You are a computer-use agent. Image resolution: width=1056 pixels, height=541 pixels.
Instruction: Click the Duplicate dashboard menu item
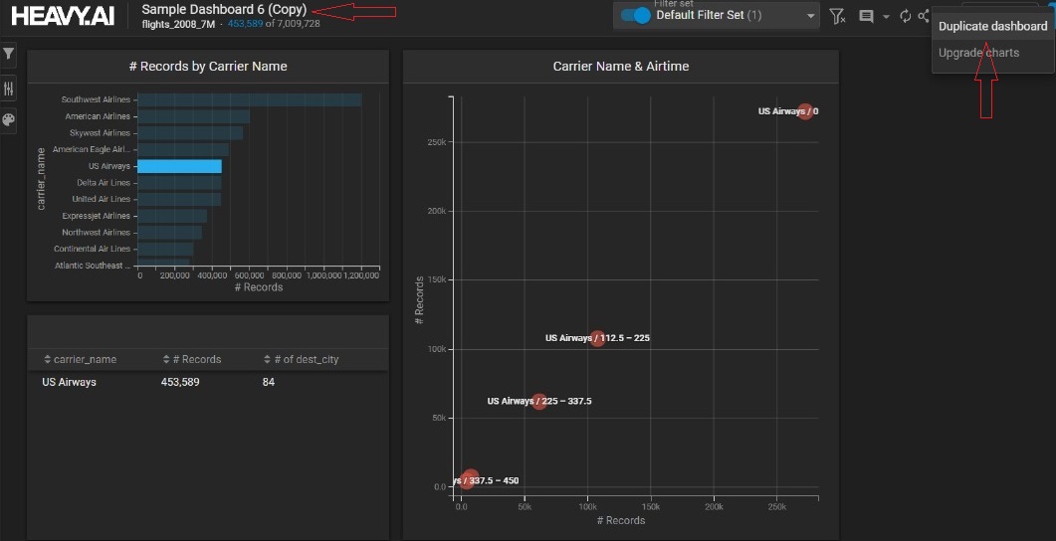point(992,26)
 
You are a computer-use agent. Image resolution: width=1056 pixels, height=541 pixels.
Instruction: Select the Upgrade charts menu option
point(978,53)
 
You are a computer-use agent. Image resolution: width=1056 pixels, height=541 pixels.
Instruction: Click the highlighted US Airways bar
point(179,166)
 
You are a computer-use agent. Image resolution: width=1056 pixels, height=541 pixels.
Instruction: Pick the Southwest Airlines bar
point(249,99)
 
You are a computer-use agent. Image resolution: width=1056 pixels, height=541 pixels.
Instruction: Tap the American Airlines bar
point(193,116)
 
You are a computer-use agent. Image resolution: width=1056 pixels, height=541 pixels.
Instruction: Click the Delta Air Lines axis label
point(104,183)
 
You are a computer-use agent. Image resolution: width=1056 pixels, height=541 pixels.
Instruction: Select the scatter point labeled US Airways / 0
point(805,111)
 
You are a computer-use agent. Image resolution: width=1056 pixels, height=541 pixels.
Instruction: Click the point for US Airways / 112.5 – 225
point(597,338)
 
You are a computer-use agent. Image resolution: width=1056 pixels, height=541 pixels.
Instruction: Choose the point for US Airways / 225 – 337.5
point(539,402)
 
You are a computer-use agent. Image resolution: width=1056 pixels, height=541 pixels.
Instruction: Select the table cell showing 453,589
point(180,382)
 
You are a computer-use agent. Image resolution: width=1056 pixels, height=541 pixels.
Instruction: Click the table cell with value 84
point(269,382)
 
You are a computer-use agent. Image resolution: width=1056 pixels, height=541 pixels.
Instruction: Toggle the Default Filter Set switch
point(635,16)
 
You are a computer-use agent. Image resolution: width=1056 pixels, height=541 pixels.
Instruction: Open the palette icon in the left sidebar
point(9,120)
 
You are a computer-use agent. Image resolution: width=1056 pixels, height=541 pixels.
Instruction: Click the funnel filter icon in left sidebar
point(9,53)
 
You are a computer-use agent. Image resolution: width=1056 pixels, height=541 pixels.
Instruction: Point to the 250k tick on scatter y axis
point(436,142)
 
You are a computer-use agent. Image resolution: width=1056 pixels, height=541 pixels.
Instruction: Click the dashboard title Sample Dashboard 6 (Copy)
point(224,9)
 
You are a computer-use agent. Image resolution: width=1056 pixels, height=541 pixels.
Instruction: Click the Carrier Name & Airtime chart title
point(620,67)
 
